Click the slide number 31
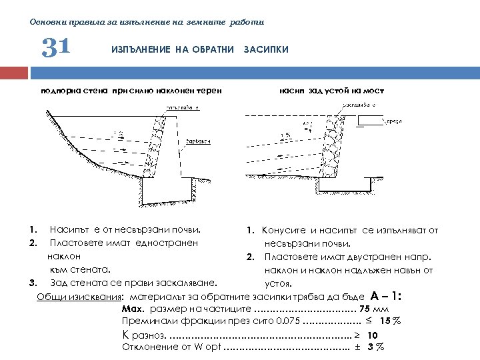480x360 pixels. pyautogui.click(x=56, y=48)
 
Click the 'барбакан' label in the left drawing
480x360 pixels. pyautogui.click(x=198, y=141)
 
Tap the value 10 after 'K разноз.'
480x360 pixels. pyautogui.click(x=373, y=335)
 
